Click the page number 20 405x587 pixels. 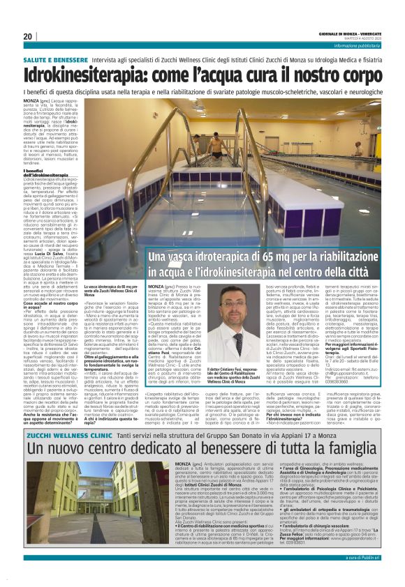coord(28,36)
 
